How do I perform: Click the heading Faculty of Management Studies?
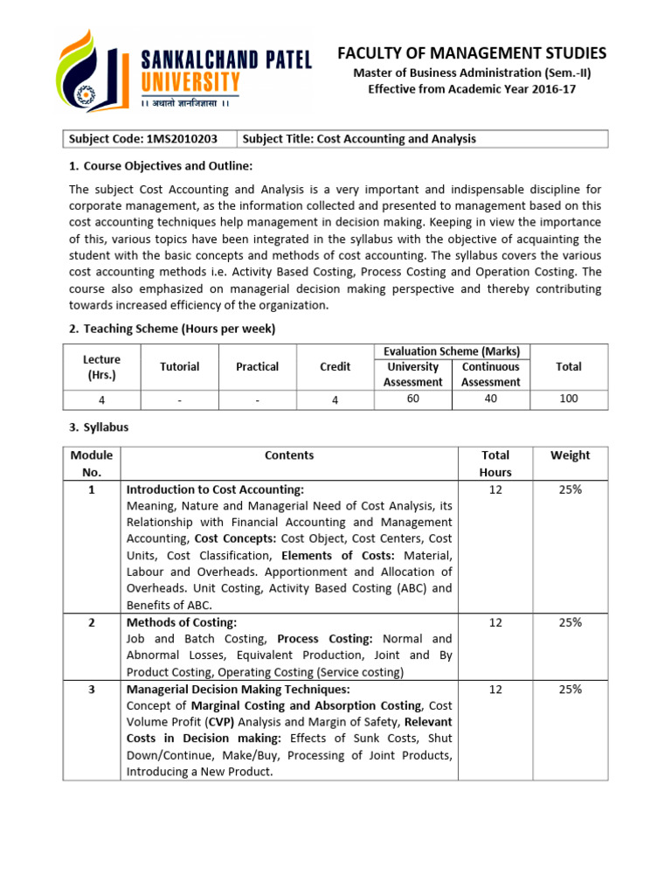point(472,54)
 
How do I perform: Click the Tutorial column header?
point(179,367)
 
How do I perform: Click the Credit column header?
point(335,367)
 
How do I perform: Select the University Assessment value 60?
point(412,399)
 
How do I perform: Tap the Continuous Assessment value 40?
point(490,399)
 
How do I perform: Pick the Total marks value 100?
point(568,399)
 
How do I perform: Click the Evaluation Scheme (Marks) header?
point(452,351)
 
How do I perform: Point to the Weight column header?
point(570,455)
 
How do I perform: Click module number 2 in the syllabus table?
point(92,622)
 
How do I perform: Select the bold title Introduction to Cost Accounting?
point(215,489)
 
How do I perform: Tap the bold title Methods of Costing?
point(182,622)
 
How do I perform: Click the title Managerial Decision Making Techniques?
point(226,689)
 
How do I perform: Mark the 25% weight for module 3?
point(570,690)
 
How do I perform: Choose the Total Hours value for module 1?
point(495,489)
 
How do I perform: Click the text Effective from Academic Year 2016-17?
point(472,89)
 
